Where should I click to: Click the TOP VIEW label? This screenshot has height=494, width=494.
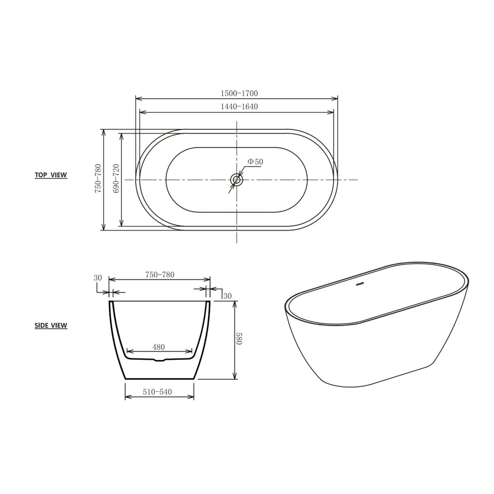(x=51, y=175)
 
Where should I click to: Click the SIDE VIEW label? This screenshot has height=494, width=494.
(x=51, y=325)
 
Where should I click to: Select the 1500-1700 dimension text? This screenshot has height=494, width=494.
(x=239, y=93)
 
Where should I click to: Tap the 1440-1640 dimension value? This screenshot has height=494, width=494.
(x=239, y=107)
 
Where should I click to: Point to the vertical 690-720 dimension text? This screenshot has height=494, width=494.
(x=116, y=178)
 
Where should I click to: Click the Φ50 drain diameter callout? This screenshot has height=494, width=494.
(x=255, y=162)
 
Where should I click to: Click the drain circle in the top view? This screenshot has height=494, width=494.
(x=236, y=180)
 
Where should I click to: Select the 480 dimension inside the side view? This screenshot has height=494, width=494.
(x=158, y=347)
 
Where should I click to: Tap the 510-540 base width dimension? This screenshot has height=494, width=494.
(x=157, y=392)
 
